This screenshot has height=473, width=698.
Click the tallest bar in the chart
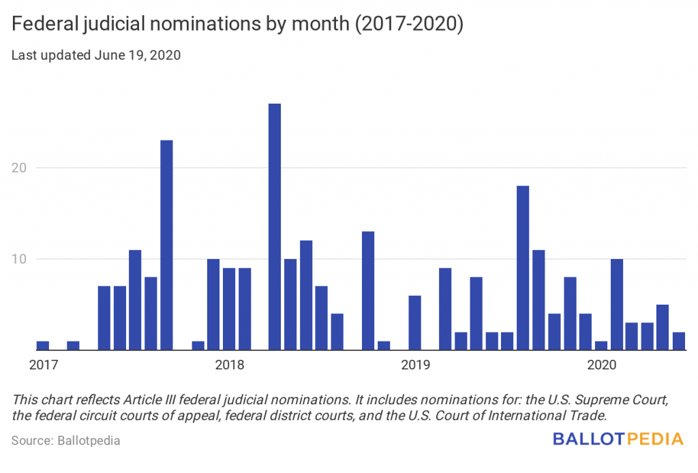[275, 226]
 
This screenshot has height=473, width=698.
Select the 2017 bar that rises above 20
[166, 245]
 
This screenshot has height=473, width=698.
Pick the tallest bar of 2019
[523, 267]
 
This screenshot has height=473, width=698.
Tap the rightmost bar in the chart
[678, 341]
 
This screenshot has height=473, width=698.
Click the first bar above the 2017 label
[42, 346]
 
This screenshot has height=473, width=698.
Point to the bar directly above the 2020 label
[601, 346]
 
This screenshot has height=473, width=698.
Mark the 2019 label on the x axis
[415, 365]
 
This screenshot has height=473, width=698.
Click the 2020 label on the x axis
[601, 365]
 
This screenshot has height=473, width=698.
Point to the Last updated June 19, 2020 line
[96, 56]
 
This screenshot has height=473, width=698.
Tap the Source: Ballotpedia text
[66, 440]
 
